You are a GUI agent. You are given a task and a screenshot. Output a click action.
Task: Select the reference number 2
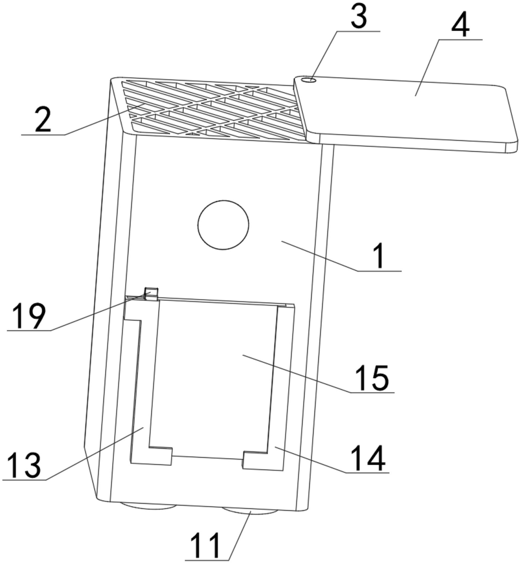point(43,120)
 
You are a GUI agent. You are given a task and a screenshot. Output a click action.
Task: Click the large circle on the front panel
point(223,225)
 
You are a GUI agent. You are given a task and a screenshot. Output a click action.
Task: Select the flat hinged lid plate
point(409,113)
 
